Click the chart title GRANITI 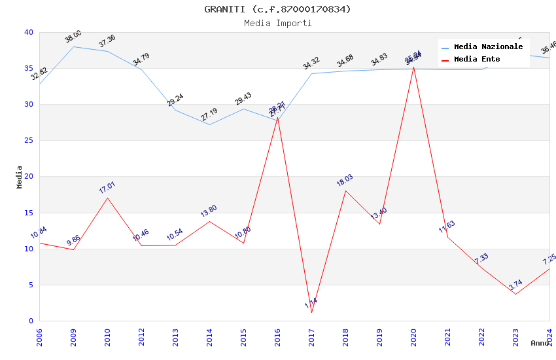277,9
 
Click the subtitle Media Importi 277,23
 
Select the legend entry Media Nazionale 488,46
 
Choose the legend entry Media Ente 477,59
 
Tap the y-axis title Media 20,177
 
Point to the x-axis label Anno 540,343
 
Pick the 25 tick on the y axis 29,141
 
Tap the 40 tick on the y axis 29,32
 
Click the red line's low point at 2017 311,312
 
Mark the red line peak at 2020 413,67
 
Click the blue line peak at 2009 73,46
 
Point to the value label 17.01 107,187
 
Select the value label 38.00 73,36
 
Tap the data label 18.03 345,180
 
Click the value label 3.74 515,285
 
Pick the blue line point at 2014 209,124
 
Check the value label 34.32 311,63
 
